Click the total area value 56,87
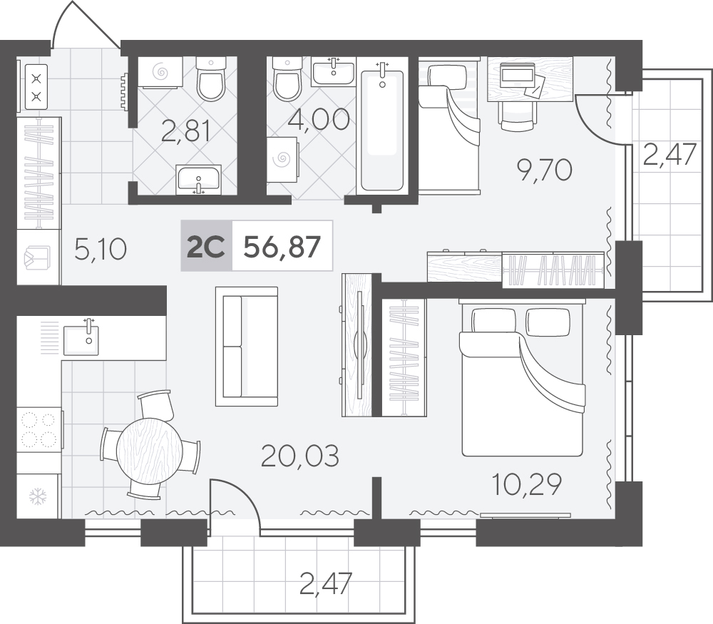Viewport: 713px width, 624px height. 282,247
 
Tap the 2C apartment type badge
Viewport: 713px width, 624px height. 206,247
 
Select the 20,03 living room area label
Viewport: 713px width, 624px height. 300,456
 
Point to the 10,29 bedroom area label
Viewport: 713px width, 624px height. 528,484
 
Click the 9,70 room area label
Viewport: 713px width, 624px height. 544,170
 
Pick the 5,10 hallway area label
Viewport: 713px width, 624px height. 100,250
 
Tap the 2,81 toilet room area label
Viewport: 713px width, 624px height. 186,131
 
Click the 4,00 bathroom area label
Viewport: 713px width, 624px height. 319,119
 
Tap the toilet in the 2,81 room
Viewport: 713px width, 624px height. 211,78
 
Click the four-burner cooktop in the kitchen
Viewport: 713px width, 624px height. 39,429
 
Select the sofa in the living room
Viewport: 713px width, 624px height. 247,346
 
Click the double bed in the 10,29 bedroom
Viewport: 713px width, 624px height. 523,377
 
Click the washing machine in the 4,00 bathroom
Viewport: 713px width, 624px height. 282,160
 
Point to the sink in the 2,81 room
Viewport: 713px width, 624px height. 198,180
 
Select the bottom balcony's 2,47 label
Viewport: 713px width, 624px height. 326,584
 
